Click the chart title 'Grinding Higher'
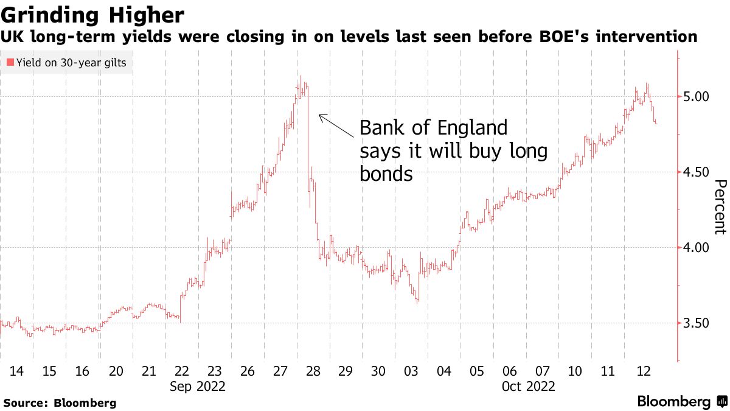[x=92, y=14]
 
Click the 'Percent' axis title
[x=720, y=207]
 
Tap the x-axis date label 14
[x=17, y=371]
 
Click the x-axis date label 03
[x=411, y=371]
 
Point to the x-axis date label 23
[x=214, y=371]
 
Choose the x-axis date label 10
[x=574, y=371]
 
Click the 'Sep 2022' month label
[x=198, y=387]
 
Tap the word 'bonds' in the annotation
[x=386, y=174]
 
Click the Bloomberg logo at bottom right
[x=681, y=402]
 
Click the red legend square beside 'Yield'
[x=9, y=62]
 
